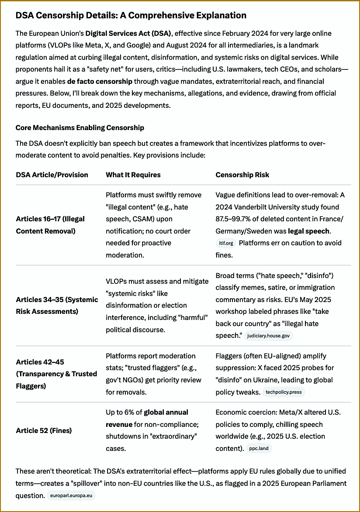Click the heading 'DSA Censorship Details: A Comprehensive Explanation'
click(131, 16)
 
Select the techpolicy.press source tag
click(284, 392)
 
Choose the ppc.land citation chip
click(259, 448)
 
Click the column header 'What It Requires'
click(133, 175)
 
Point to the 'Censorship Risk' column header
click(242, 175)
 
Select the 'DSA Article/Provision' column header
click(52, 175)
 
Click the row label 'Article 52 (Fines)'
click(44, 430)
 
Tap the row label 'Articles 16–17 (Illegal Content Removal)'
click(50, 225)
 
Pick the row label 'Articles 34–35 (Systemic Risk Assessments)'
click(57, 305)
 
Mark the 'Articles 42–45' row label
click(41, 362)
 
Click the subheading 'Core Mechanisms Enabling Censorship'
click(80, 128)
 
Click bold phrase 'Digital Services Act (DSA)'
click(129, 33)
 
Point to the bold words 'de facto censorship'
click(100, 81)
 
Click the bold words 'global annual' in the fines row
click(166, 412)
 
